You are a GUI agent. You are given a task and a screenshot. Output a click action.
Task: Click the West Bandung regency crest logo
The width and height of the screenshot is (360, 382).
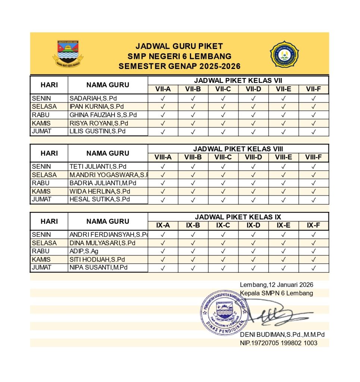(68, 53)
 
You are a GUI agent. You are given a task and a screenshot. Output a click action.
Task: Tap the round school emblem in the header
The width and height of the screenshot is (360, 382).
(284, 54)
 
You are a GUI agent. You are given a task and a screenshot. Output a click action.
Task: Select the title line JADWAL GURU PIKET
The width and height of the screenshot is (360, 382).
(179, 46)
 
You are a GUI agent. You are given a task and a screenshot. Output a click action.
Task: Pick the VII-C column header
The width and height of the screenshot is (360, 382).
(223, 89)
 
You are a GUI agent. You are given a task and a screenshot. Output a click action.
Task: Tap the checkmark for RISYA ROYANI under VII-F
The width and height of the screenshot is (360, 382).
(313, 123)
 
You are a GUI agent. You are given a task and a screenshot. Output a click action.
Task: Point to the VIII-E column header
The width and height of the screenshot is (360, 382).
(283, 157)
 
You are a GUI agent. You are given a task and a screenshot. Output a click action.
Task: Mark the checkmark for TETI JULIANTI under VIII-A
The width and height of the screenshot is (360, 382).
(163, 167)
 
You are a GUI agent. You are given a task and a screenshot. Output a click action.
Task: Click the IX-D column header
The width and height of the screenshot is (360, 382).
(253, 225)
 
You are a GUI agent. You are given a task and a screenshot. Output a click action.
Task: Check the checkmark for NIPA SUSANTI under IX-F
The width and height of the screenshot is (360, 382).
(313, 268)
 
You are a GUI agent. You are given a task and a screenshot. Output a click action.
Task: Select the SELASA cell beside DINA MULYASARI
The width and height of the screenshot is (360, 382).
(44, 243)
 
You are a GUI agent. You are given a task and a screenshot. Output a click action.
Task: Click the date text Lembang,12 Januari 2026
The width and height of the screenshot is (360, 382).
(276, 285)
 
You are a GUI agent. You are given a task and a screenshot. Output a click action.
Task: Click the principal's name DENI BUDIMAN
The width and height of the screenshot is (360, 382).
(282, 335)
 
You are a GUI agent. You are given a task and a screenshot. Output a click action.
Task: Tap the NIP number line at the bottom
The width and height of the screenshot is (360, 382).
(278, 343)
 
